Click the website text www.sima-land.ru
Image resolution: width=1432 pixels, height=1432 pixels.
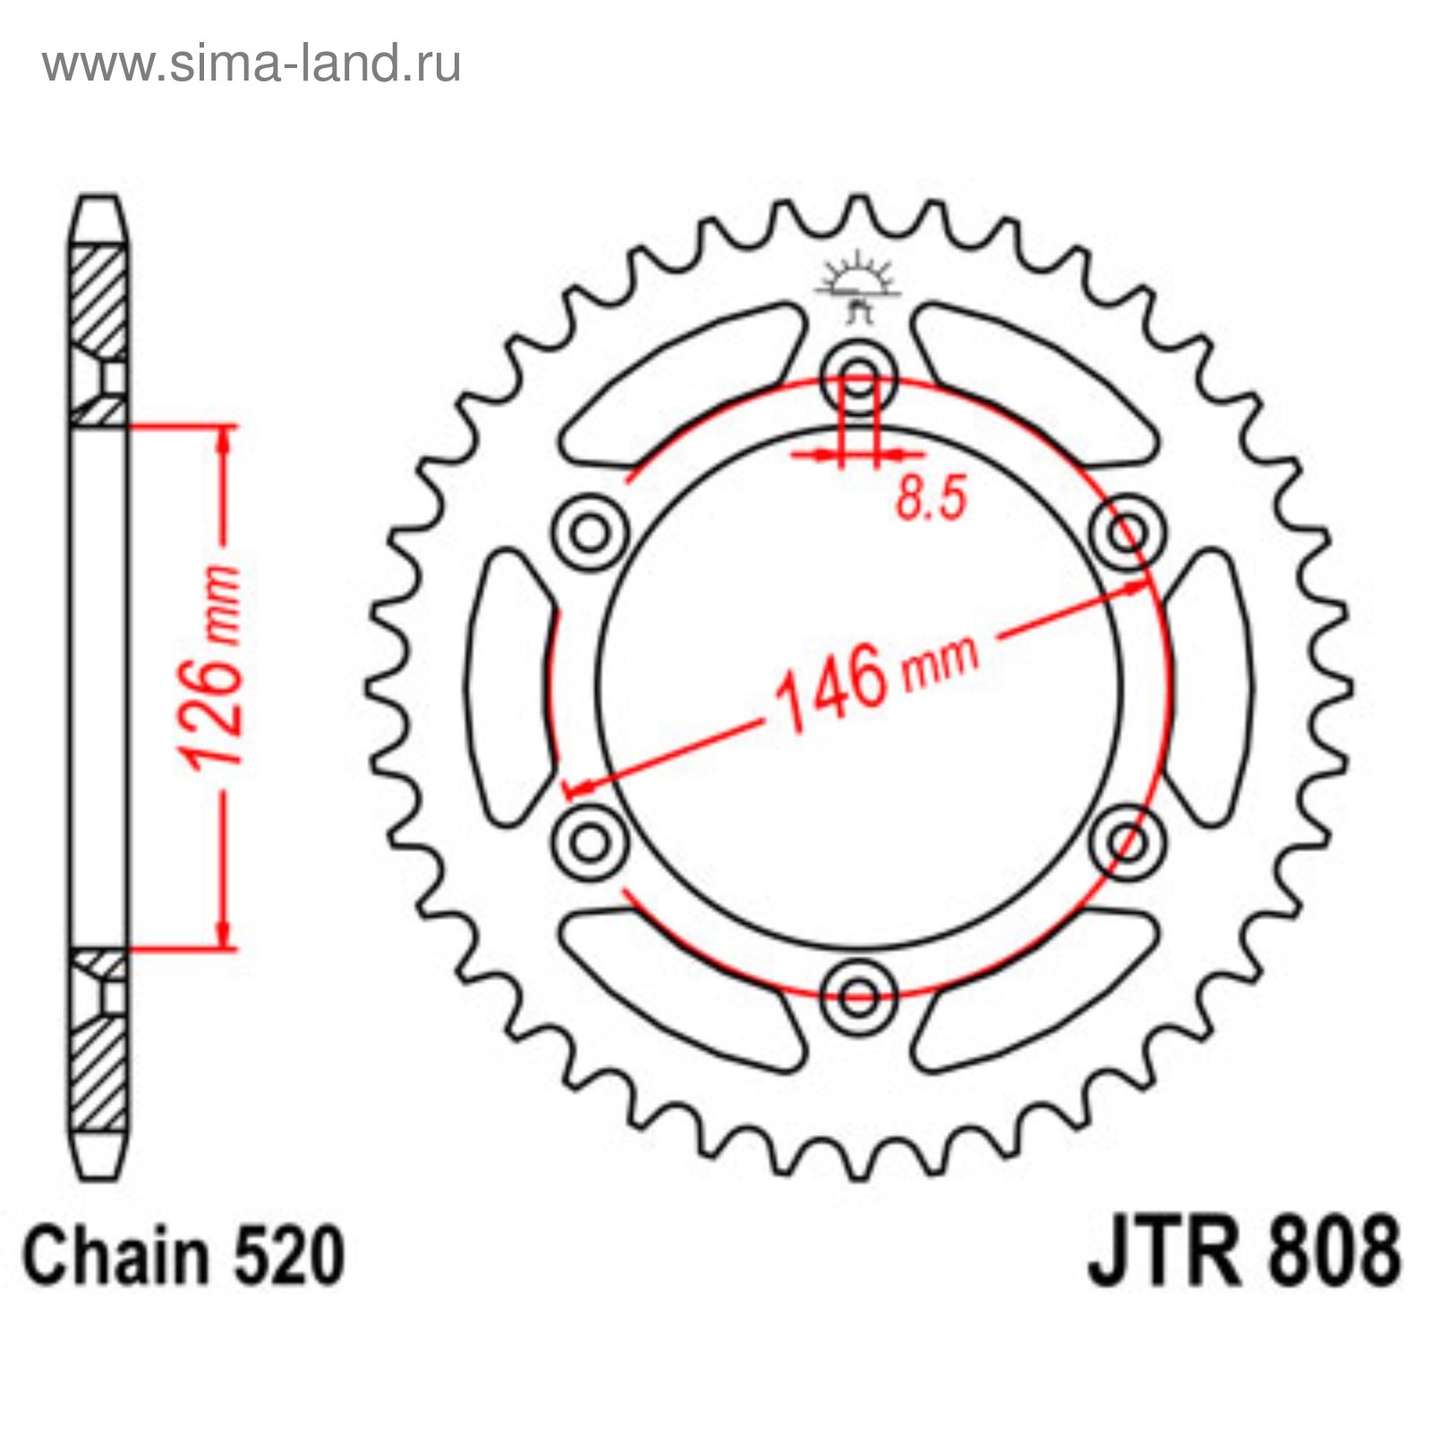tap(251, 64)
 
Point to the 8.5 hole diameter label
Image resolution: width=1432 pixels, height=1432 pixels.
tap(932, 498)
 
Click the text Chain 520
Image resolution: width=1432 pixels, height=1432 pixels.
tap(183, 1256)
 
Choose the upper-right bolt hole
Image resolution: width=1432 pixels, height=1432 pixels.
tap(1129, 533)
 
